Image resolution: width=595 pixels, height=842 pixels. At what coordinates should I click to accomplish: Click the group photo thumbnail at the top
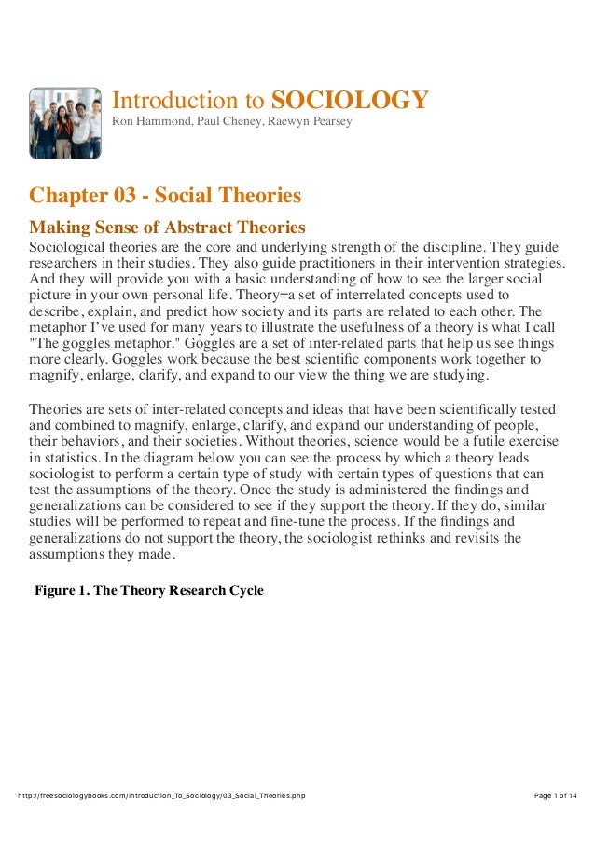coord(64,123)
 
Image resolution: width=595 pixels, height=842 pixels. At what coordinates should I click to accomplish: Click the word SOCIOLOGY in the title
coord(350,101)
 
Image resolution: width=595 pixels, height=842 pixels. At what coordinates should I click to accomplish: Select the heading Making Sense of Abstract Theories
coord(168,227)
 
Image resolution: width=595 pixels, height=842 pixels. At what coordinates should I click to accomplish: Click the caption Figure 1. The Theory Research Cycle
coord(149,590)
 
